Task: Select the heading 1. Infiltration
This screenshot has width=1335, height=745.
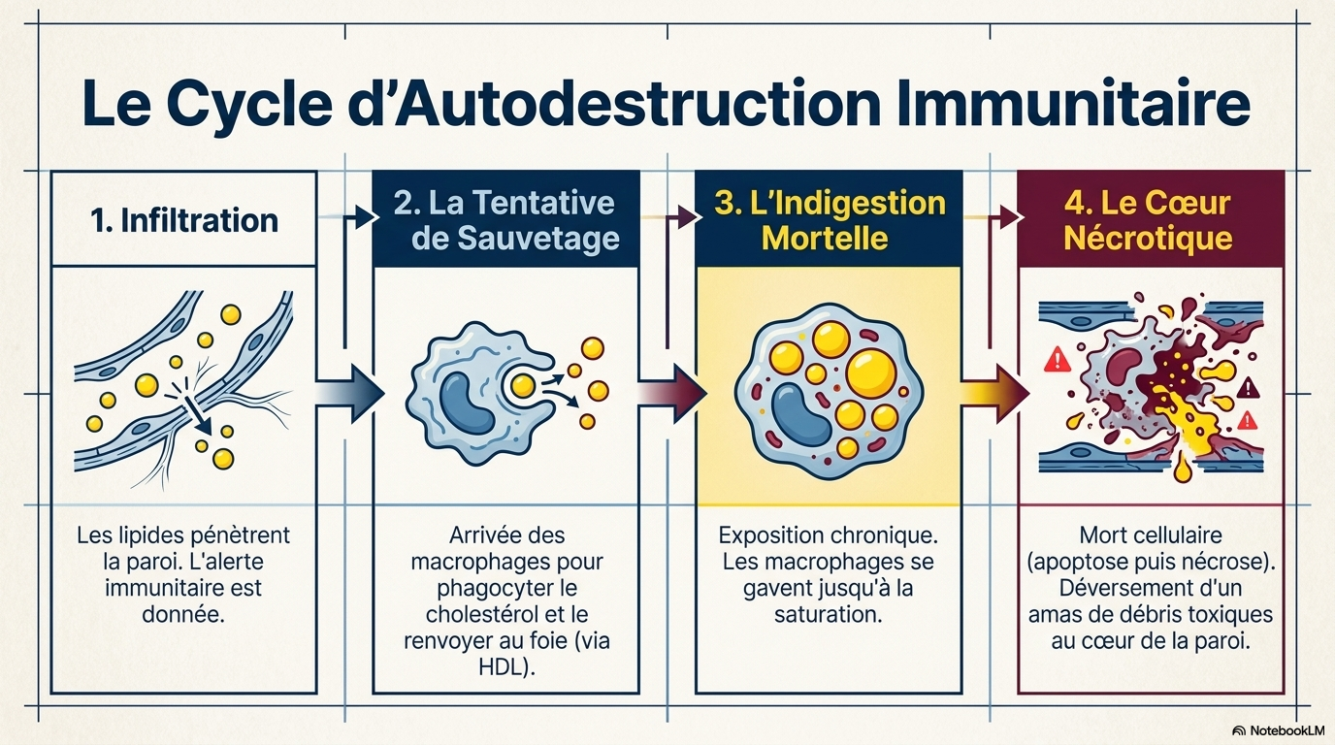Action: click(184, 220)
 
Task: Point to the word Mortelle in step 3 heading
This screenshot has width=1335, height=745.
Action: click(825, 238)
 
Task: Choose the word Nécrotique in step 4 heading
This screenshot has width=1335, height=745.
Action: click(1148, 238)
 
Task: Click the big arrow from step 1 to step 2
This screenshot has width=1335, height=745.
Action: click(349, 394)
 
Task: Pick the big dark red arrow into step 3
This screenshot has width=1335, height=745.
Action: click(672, 394)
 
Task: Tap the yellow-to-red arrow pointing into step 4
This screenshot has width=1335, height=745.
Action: click(995, 394)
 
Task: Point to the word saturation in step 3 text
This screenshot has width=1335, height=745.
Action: click(828, 614)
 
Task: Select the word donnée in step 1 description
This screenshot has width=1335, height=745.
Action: click(183, 614)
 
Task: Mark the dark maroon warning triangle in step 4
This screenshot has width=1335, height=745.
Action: click(1248, 389)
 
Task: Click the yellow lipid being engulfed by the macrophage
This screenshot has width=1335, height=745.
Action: click(523, 386)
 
